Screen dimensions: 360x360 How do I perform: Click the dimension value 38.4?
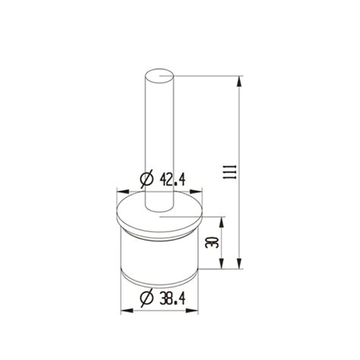click(x=175, y=299)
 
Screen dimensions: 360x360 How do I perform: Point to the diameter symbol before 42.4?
click(x=148, y=179)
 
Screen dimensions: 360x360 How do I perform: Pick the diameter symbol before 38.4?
click(x=148, y=299)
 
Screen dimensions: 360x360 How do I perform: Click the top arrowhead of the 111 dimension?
click(x=242, y=78)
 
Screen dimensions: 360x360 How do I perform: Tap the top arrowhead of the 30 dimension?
click(x=222, y=220)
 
